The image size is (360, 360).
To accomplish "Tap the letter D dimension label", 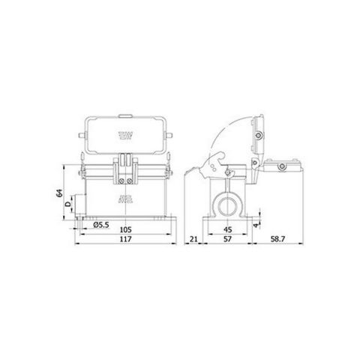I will (68, 204).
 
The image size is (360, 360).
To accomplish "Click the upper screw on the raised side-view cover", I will (259, 136).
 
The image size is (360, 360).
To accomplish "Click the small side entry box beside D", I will (79, 212).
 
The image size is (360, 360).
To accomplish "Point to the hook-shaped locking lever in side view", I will (218, 158).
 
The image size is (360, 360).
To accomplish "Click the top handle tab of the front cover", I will (124, 118).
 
